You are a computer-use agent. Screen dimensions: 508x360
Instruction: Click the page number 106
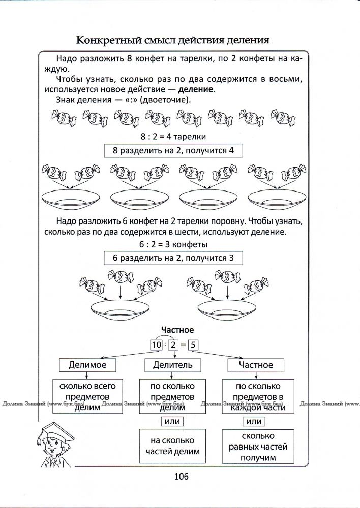181,476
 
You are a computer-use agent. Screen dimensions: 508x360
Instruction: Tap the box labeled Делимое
87,365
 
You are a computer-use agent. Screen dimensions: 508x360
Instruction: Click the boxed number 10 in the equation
156,345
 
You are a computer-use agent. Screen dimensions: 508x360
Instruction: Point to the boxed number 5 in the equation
193,345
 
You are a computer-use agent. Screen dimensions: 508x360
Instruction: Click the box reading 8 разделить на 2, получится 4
173,151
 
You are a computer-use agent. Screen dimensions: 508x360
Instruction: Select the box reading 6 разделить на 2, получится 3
173,258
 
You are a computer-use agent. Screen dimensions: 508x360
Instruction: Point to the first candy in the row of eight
63,118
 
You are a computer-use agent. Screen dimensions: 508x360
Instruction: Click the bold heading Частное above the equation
177,330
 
